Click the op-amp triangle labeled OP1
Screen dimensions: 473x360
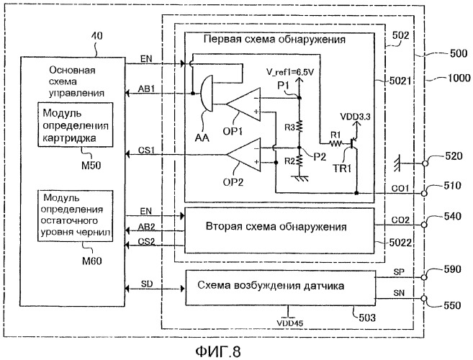click(x=244, y=104)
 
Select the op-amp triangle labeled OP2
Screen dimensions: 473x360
click(x=244, y=155)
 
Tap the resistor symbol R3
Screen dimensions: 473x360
click(x=299, y=126)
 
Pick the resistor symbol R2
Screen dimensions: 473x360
click(x=299, y=161)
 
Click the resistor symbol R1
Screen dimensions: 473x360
click(x=335, y=143)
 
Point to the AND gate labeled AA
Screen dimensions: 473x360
click(x=207, y=94)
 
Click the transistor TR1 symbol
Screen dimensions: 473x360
click(x=353, y=143)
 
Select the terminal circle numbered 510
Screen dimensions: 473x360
click(x=424, y=193)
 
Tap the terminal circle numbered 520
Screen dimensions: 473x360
click(x=425, y=163)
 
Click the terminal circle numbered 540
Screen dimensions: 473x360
click(x=424, y=225)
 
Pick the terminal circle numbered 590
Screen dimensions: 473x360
click(x=424, y=277)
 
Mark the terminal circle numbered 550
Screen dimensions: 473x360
click(x=424, y=299)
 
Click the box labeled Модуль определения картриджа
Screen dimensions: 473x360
click(x=76, y=125)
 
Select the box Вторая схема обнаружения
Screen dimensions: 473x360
click(x=279, y=230)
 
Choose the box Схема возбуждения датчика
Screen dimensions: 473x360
click(x=281, y=288)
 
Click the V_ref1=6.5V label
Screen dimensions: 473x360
click(x=290, y=72)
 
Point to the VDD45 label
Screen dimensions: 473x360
click(x=290, y=323)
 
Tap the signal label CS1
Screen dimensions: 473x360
click(x=146, y=150)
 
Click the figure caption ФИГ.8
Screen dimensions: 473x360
click(x=218, y=351)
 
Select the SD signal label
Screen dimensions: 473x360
click(x=147, y=284)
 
